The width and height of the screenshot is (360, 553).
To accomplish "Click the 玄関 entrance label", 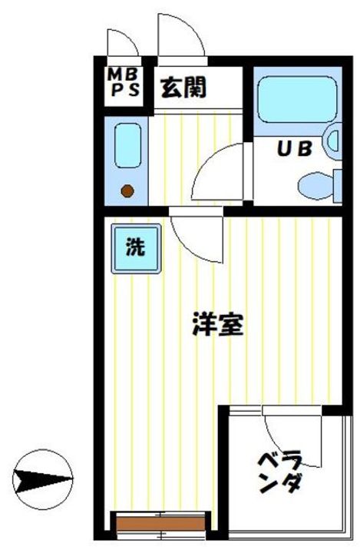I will click(x=182, y=89).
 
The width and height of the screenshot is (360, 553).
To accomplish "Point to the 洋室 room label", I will click(x=217, y=326).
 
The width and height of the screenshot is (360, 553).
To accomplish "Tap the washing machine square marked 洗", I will click(x=135, y=248).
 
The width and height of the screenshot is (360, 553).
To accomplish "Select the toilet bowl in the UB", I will click(x=315, y=184).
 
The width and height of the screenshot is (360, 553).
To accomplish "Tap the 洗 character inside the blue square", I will click(x=135, y=248).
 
